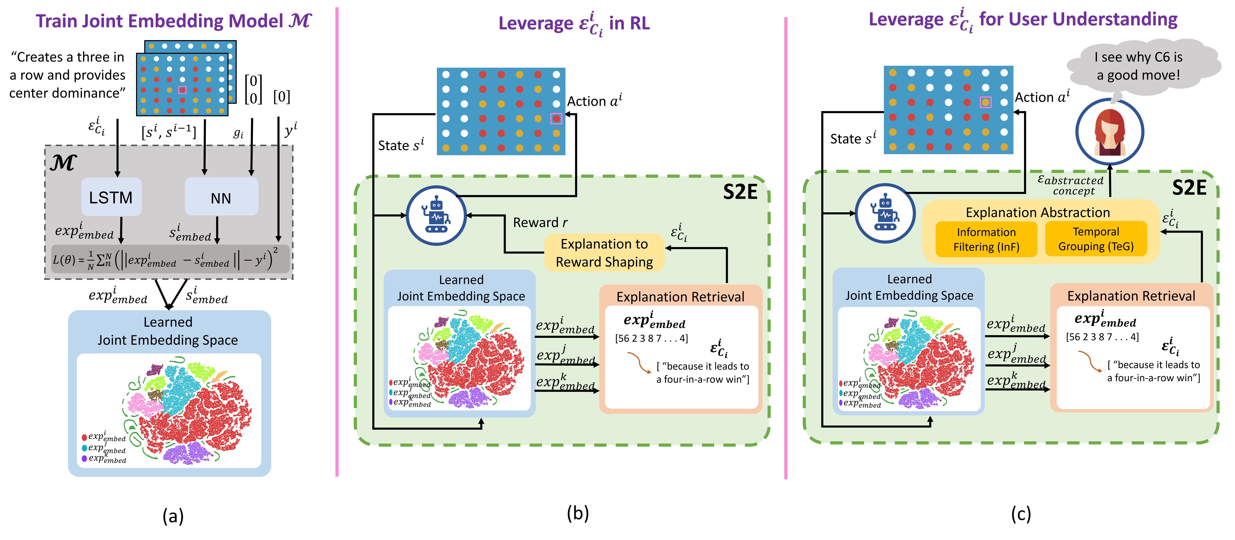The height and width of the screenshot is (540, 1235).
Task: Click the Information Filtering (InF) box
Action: tap(986, 239)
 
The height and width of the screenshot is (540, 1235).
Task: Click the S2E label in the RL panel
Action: tap(740, 192)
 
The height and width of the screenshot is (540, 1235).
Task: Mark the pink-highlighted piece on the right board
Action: tap(985, 102)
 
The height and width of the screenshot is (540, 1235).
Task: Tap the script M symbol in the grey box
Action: tap(63, 163)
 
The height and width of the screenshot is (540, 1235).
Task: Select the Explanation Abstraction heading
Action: tap(1038, 212)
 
